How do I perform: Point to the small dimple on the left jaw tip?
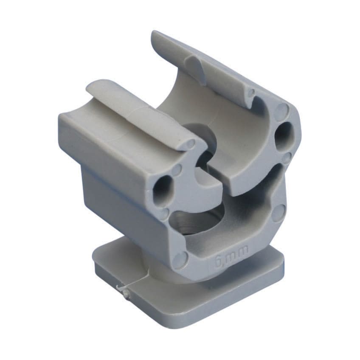click(190, 144)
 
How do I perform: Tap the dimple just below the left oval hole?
click(163, 211)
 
